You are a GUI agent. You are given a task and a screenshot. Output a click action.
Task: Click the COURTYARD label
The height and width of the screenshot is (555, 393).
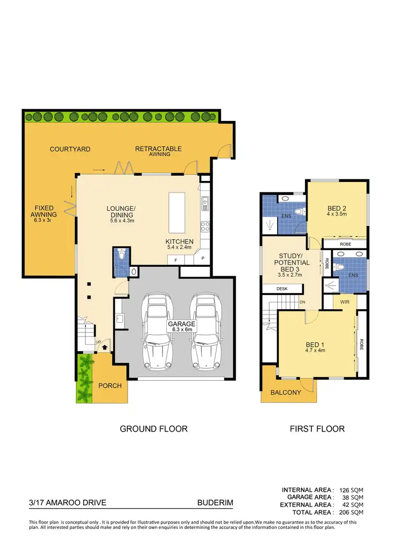click(x=70, y=149)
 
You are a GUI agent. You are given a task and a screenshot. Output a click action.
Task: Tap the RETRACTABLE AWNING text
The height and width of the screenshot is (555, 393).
click(x=158, y=151)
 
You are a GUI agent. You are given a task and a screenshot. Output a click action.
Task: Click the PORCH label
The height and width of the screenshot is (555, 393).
click(x=110, y=386)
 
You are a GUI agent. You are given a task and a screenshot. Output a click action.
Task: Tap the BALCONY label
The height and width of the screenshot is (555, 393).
click(x=286, y=392)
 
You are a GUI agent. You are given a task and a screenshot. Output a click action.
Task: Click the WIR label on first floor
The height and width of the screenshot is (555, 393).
click(x=344, y=302)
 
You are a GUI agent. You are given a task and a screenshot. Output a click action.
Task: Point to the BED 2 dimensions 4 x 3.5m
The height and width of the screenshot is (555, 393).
click(x=337, y=214)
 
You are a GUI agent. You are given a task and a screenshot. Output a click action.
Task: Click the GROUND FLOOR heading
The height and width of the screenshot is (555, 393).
click(x=154, y=429)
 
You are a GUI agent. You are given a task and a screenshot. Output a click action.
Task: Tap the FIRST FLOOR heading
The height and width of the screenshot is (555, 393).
click(x=317, y=429)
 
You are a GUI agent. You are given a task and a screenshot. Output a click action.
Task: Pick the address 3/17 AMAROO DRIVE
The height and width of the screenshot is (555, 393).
click(x=68, y=503)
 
